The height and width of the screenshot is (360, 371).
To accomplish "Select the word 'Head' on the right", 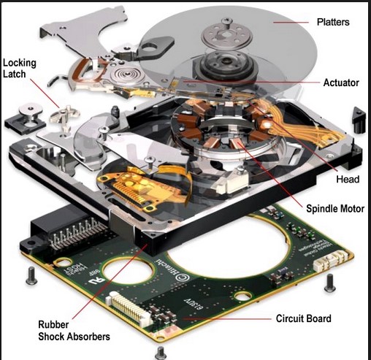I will pyautogui.click(x=346, y=179).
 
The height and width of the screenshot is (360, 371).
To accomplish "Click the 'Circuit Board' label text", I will pyautogui.click(x=302, y=318).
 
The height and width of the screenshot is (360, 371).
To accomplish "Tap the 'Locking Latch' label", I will pyautogui.click(x=20, y=70).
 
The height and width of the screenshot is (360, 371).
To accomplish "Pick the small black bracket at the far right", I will pyautogui.click(x=358, y=116).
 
